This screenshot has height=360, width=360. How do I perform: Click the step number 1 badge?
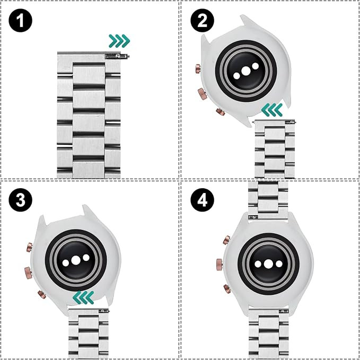(21, 21)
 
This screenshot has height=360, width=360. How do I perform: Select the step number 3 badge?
(21, 201)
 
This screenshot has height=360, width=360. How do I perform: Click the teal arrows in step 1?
(119, 40)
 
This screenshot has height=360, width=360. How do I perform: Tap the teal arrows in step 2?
(273, 110)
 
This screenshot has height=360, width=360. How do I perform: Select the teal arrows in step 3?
(84, 296)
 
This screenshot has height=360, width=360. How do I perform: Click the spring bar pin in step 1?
(117, 55)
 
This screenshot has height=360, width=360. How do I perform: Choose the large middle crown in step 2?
(203, 94)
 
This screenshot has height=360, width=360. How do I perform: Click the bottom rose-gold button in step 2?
(220, 112)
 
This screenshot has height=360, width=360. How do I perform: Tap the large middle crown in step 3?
(24, 273)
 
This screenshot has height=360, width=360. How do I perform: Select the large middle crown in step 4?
(218, 263)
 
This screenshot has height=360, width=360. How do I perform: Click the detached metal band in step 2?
(274, 148)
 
